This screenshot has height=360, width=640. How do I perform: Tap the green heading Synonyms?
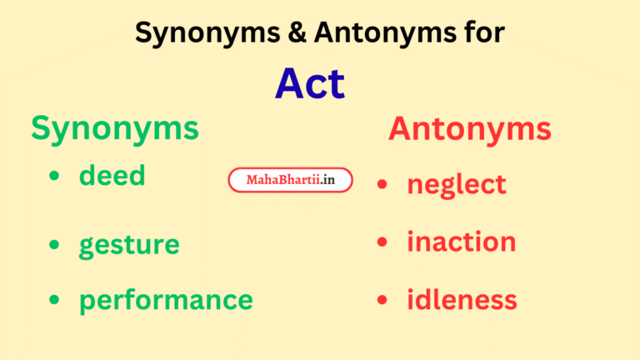[x=115, y=128]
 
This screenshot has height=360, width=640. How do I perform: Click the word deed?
[x=112, y=175]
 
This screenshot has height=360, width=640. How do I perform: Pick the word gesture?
[x=129, y=245]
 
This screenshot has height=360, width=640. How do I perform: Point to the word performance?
[x=166, y=300]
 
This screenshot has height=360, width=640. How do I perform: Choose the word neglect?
[x=457, y=184]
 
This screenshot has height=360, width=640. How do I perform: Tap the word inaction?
[x=462, y=242]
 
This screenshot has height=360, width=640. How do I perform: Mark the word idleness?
[x=462, y=300]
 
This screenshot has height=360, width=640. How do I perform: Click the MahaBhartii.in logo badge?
[x=290, y=180]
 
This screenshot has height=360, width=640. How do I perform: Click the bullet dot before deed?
[x=55, y=177]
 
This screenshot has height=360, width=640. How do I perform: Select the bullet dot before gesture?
[x=55, y=245]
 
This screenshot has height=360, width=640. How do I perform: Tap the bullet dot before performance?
[x=55, y=300]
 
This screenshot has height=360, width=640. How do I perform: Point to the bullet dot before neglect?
[x=382, y=185]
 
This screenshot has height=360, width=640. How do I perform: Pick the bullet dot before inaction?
[x=382, y=242]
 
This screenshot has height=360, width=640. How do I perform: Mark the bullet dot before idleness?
[x=382, y=300]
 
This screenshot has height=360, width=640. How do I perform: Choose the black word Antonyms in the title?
[x=375, y=33]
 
